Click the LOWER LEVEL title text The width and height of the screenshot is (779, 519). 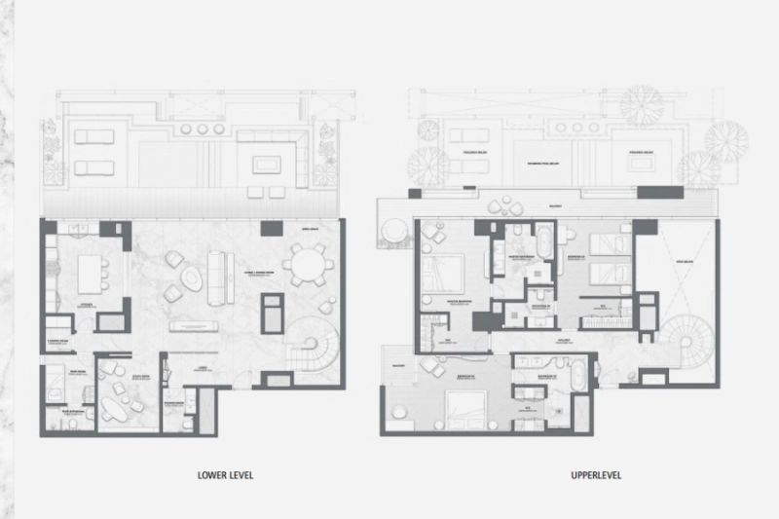click(224, 476)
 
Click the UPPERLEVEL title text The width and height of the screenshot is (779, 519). click(597, 476)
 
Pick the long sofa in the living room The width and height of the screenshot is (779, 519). click(216, 271)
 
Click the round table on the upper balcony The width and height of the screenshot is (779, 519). click(392, 233)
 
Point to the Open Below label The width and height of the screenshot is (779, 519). click(682, 261)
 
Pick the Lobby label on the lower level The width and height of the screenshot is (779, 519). click(203, 368)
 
